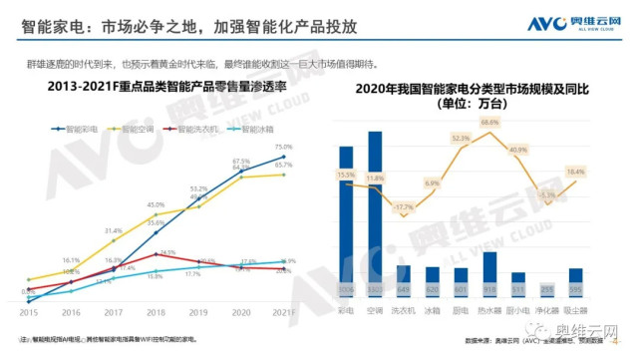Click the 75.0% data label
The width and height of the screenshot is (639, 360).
(x=283, y=148)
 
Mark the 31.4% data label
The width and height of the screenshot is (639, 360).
(x=113, y=229)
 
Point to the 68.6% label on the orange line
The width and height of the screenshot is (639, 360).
(x=488, y=123)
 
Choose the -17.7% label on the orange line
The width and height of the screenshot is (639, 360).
(x=403, y=207)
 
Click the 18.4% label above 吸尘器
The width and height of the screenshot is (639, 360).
(x=576, y=173)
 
